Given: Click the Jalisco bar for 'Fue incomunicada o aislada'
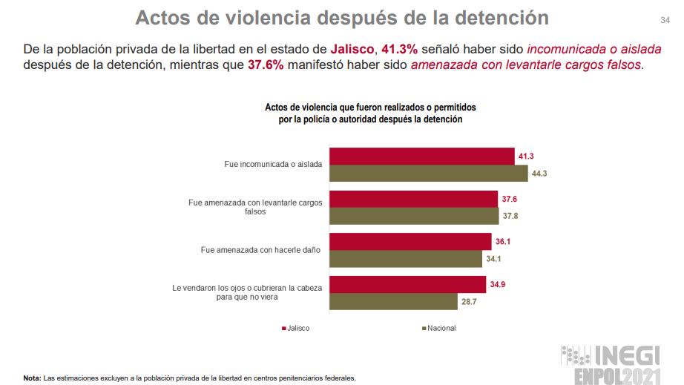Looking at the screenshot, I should pos(421,157).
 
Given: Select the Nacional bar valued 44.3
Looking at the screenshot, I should pos(428,174).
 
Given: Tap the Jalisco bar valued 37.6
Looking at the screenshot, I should pos(413,200).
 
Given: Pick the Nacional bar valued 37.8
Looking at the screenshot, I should pos(414,216).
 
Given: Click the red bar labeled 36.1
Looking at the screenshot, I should pos(410,242).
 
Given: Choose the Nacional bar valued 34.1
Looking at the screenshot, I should pos(406,259).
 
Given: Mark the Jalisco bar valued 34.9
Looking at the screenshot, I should pos(407,285).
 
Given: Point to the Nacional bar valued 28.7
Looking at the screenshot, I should pos(393,302).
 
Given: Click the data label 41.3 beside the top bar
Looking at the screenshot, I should pos(527,157).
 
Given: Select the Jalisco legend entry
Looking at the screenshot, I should pos(296,328).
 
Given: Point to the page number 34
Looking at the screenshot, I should pos(665,19).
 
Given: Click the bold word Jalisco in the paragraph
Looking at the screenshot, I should pos(352,49).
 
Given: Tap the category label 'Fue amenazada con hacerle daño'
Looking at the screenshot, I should pos(260,250).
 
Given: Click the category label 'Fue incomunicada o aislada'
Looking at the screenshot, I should pos(272,165).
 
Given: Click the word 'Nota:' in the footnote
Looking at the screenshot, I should pos(32,378).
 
